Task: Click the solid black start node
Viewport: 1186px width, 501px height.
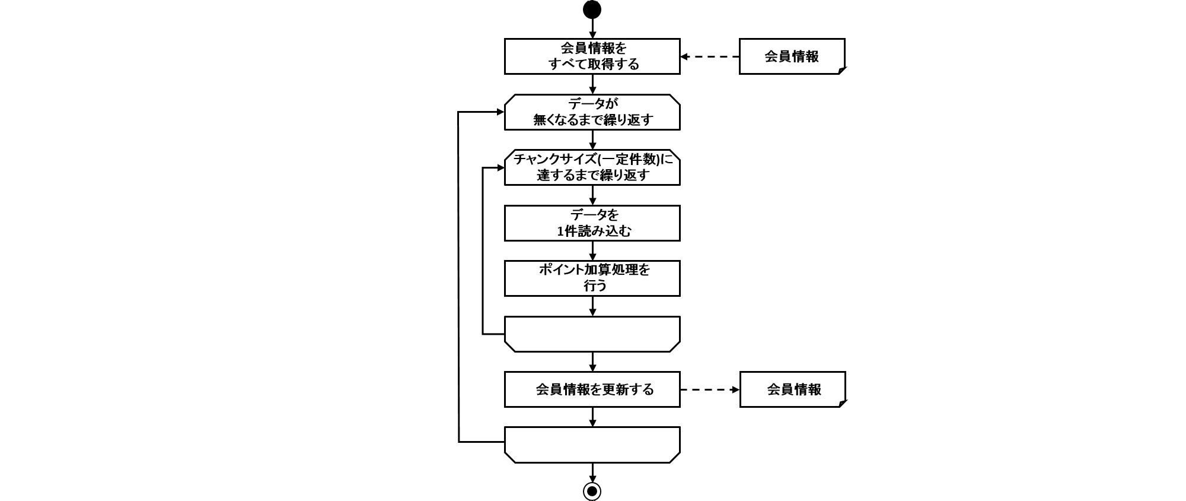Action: (592, 9)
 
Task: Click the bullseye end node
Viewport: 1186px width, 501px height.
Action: (592, 491)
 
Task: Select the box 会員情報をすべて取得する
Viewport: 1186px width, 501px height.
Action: (592, 56)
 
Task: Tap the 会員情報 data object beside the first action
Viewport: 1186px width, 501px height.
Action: (791, 56)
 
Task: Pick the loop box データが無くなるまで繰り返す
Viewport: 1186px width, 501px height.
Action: (592, 112)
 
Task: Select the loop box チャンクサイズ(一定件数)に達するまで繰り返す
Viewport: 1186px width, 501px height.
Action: (592, 167)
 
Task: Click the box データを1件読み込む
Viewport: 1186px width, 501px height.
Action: (592, 223)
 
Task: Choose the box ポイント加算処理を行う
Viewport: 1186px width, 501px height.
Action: (592, 278)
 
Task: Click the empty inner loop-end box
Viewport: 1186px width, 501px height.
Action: (592, 334)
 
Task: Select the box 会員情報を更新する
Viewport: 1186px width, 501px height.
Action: (592, 389)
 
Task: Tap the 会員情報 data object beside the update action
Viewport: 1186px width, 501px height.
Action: (792, 389)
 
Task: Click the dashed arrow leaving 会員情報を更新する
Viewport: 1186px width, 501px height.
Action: (710, 390)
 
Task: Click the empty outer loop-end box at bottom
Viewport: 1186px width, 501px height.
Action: (592, 444)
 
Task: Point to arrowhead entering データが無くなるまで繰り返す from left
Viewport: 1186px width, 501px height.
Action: (500, 112)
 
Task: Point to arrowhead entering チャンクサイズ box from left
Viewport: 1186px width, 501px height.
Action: (500, 168)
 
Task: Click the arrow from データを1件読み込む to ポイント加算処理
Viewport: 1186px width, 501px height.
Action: (592, 251)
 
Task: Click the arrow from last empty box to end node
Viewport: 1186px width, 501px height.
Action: (592, 473)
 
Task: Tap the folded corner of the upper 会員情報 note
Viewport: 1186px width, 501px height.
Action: (841, 71)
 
